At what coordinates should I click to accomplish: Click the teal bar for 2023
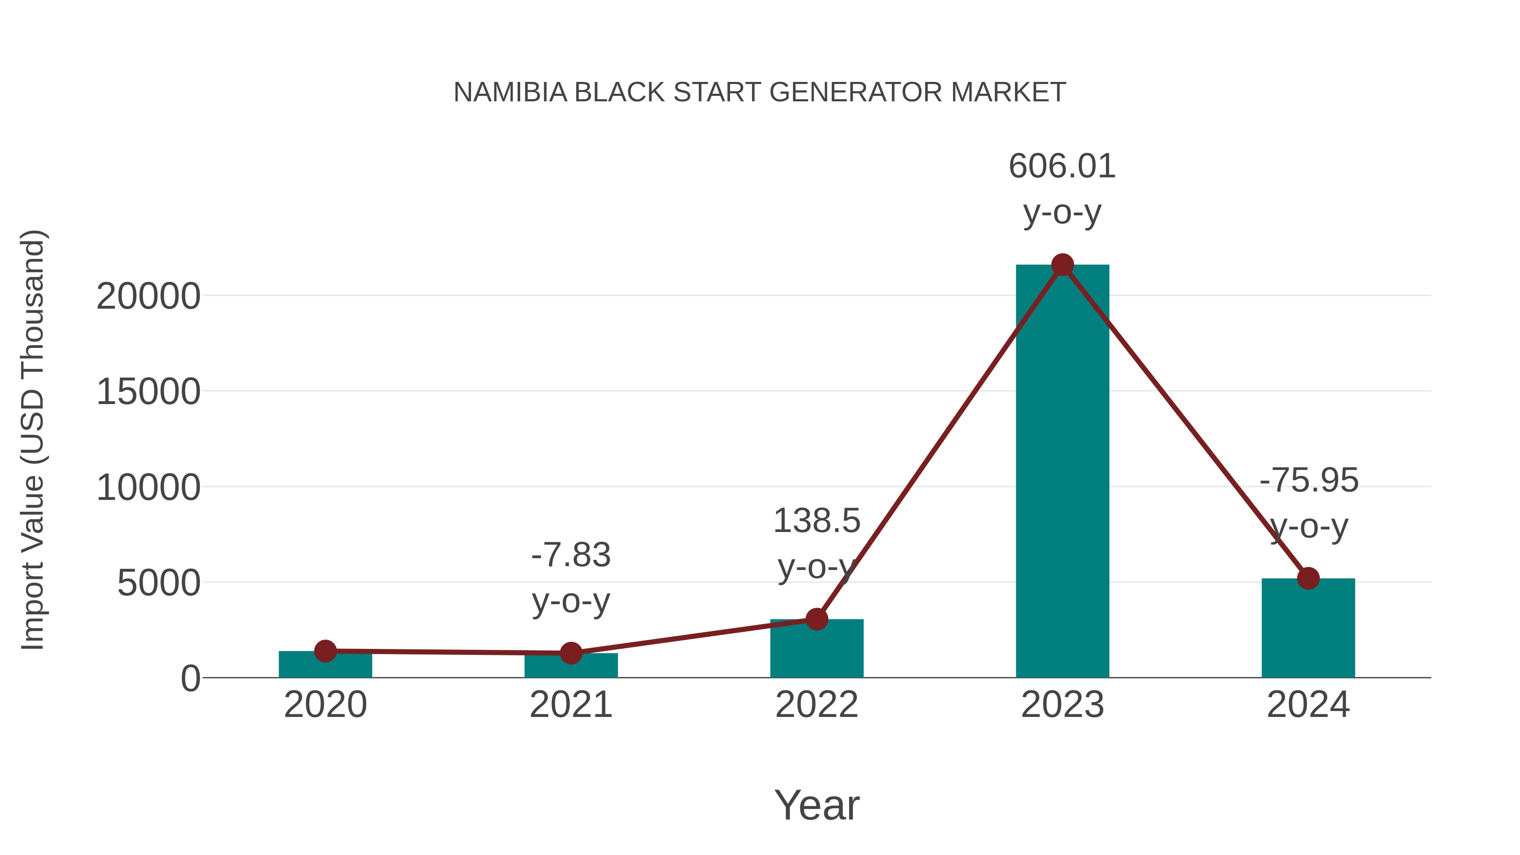[1062, 472]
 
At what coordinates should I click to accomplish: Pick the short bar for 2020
[325, 665]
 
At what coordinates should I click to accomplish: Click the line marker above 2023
[1062, 265]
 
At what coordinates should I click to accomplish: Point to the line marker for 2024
[1308, 578]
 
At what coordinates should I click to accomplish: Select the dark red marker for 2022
[817, 619]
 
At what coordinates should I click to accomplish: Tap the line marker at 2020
[325, 651]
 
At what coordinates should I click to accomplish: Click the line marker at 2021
[570, 653]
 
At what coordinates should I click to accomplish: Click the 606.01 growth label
[1062, 166]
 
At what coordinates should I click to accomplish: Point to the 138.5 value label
[817, 521]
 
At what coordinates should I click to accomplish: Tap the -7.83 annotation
[570, 555]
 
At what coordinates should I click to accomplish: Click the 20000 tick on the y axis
[148, 296]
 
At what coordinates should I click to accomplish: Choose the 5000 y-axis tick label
[159, 583]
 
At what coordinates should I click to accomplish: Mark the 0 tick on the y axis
[190, 679]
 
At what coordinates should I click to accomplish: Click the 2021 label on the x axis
[570, 705]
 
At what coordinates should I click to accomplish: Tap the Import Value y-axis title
[33, 440]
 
